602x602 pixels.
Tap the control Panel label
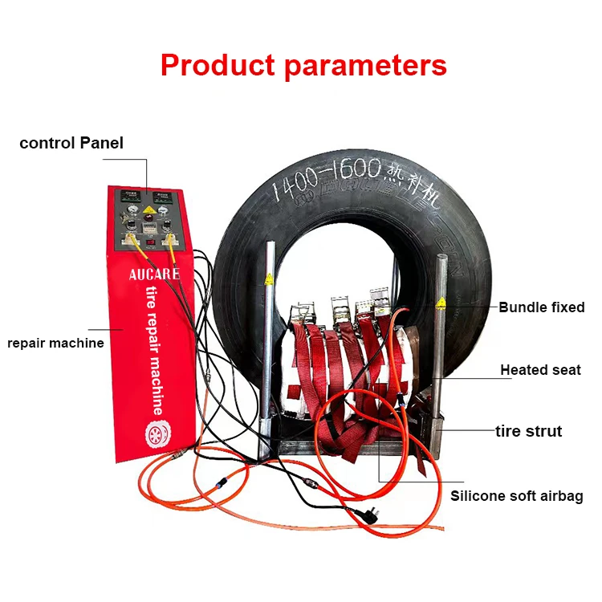tap(71, 144)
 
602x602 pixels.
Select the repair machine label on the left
tap(55, 343)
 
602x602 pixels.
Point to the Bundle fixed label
tap(541, 307)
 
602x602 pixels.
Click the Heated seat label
tap(540, 370)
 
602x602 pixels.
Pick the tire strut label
tap(528, 431)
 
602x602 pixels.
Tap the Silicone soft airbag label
tap(516, 495)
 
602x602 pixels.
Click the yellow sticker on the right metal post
tap(440, 302)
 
